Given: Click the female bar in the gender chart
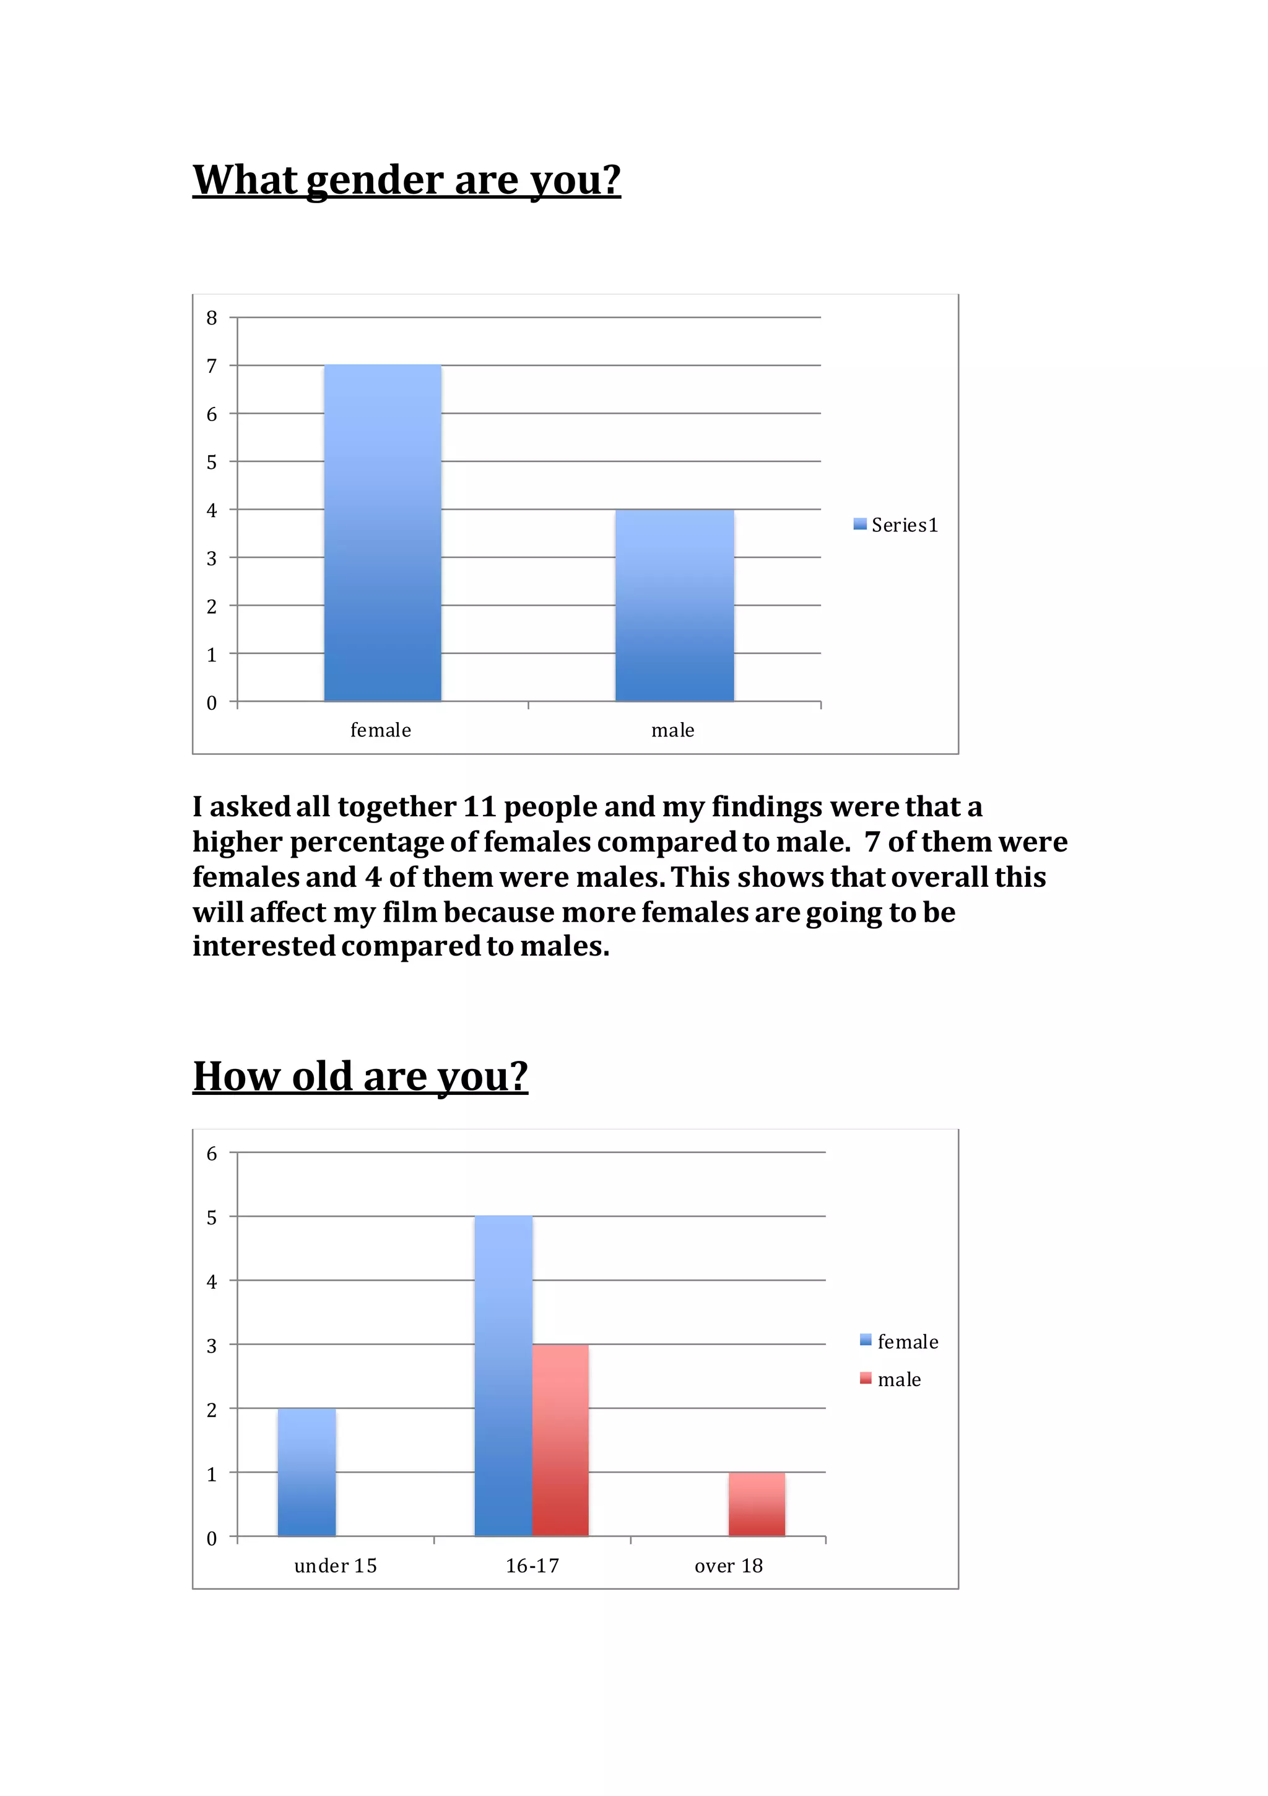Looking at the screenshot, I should pos(383,533).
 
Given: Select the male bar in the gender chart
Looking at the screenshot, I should pos(674,606).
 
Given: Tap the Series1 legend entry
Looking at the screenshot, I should pos(896,525).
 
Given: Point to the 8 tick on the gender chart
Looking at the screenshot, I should pos(211,318).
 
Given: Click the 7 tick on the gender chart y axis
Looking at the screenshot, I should pos(211,366).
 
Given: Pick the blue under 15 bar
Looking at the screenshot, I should pos(306,1472).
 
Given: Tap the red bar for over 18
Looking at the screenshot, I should pos(757,1504).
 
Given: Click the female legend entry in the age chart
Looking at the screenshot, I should pos(899,1341).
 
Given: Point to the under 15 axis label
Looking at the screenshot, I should pos(336,1565).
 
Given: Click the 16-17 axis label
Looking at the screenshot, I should pos(532,1565).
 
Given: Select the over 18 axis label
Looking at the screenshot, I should pos(728,1565).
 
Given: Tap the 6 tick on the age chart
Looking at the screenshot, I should pos(211,1154).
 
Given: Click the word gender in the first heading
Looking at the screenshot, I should pos(375,181).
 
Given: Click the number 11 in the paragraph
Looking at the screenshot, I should pos(479,806).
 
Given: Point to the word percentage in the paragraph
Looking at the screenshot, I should pos(382,842).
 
